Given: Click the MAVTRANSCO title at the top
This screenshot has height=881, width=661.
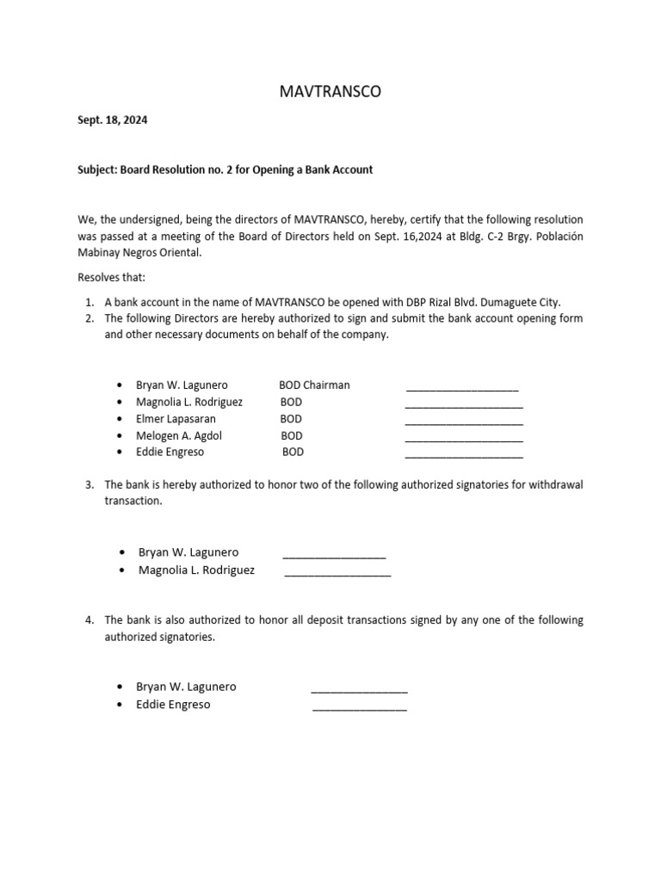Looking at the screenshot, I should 330,91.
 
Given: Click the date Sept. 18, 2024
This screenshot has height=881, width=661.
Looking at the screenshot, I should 112,120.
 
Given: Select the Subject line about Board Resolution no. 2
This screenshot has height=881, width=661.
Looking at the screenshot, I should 225,169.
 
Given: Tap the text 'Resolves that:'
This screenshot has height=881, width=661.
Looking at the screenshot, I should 112,278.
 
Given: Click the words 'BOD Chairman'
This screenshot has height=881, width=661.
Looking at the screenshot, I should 314,385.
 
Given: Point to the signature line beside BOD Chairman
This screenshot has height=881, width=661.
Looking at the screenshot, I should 462,388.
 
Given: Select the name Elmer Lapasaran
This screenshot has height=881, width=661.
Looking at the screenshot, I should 176,419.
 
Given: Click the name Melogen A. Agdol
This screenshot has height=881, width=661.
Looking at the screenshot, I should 179,435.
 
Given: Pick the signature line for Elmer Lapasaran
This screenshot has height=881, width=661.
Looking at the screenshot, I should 464,422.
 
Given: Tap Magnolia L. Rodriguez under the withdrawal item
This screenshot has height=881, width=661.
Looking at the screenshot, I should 196,570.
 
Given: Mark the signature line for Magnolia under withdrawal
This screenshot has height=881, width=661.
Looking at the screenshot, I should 337,573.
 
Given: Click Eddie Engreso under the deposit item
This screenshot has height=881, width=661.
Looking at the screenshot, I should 173,705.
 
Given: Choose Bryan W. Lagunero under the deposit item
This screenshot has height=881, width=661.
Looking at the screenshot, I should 186,687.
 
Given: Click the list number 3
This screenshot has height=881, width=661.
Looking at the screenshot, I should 90,484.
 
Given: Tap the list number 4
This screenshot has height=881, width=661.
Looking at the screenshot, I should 90,619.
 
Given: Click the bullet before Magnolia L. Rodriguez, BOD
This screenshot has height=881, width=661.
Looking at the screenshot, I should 118,403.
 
